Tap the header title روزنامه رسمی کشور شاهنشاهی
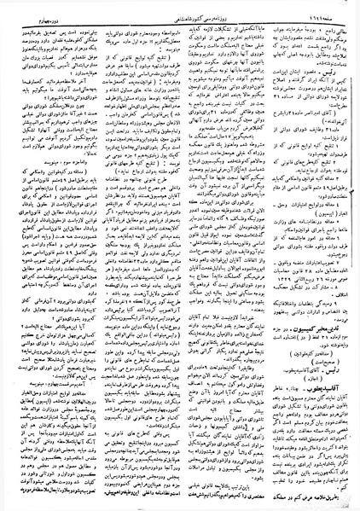pos(179,15)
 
